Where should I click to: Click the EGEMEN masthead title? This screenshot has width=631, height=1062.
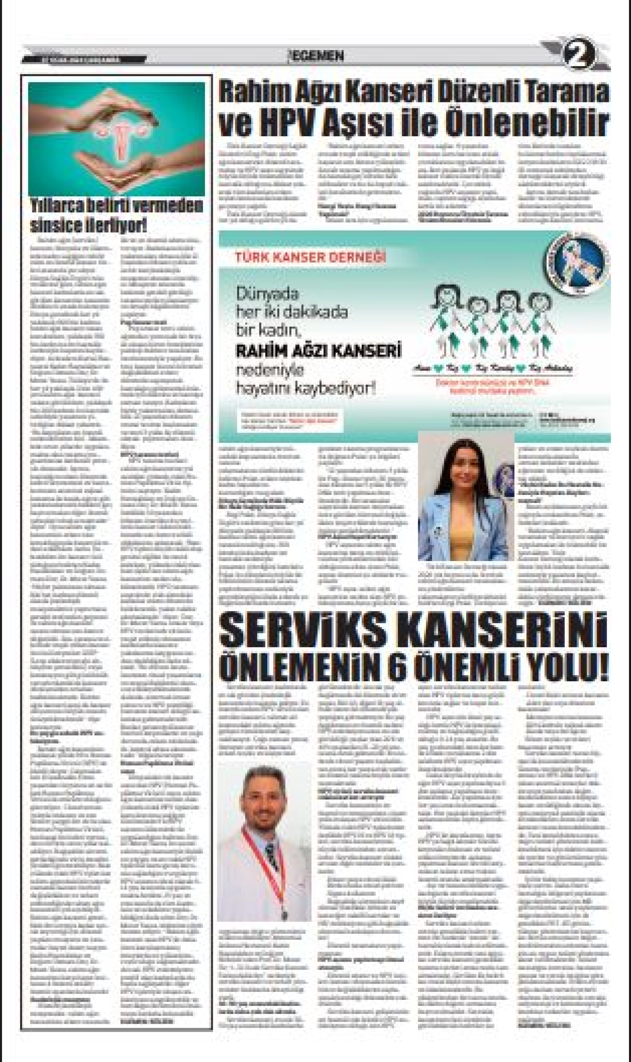[315, 56]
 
